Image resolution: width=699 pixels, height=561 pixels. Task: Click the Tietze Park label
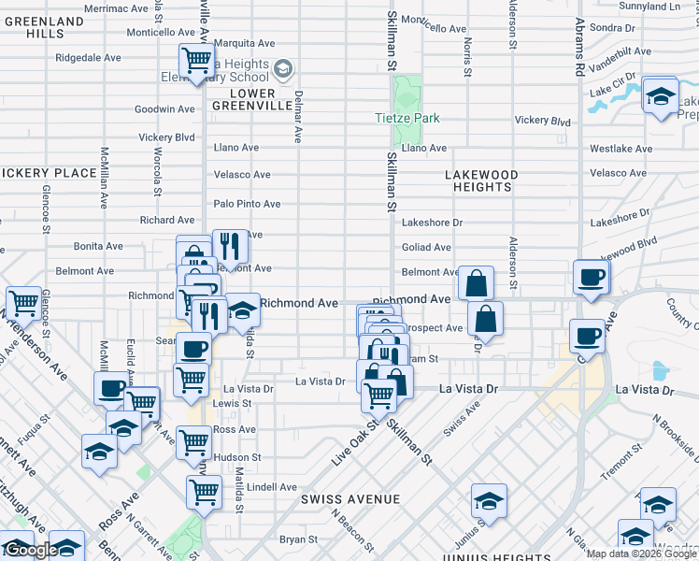pos(407,119)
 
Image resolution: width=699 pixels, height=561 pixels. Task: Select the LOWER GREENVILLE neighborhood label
pos(243,99)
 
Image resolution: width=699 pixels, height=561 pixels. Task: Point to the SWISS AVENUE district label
pos(350,499)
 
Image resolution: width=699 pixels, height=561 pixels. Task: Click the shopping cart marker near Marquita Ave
pos(196,62)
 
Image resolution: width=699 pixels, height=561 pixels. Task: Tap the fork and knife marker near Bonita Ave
pos(230,246)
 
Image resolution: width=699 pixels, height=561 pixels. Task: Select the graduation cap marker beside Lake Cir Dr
pos(660,95)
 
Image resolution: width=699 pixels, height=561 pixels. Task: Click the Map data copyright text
pos(642,554)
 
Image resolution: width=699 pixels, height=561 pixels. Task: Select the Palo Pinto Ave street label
pos(247,204)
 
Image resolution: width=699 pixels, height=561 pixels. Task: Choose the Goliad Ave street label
pos(426,247)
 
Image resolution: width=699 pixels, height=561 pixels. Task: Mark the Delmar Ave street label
pos(297,117)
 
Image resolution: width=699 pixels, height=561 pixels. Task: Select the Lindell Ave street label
pos(272,487)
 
